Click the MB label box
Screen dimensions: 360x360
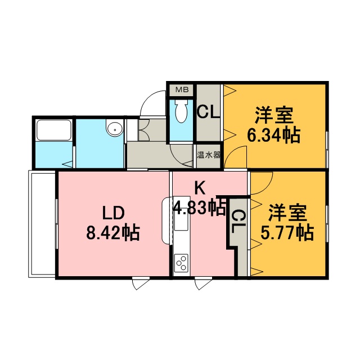pos(182,90)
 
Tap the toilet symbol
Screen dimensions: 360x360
pos(181,111)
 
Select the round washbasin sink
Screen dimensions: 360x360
pos(115,130)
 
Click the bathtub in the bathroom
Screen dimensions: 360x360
pos(54,130)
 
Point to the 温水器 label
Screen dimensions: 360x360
pos(209,155)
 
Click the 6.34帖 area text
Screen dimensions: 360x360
pos(274,136)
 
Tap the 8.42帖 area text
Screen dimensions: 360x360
pos(113,232)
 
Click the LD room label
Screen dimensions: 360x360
pos(113,213)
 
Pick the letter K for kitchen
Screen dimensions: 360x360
pos(200,188)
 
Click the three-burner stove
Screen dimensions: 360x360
pos(181,263)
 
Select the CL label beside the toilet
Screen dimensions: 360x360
pos(209,111)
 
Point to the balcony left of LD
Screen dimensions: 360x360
pos(42,224)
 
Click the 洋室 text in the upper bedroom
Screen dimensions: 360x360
pos(274,115)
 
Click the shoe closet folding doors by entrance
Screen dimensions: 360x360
pos(144,130)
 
